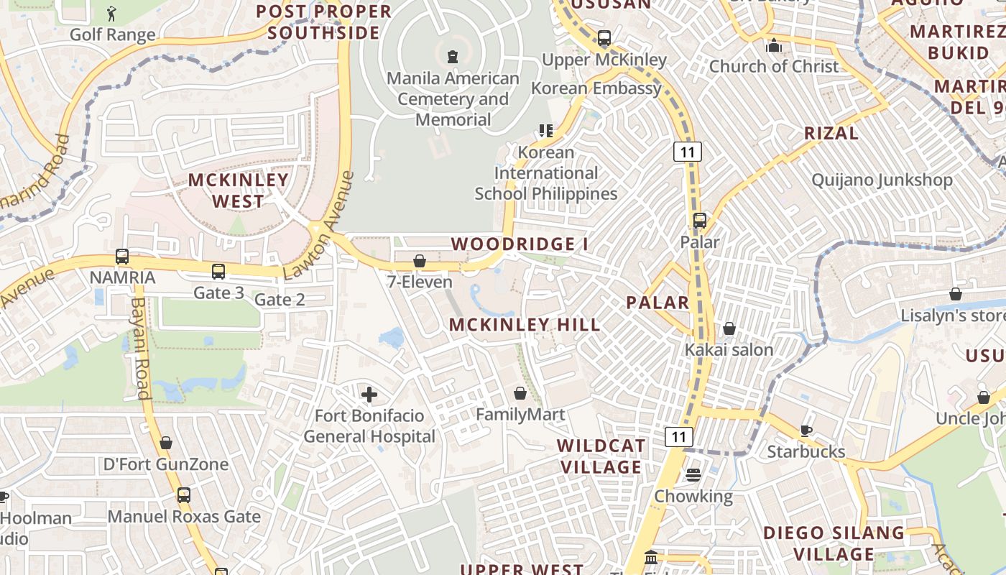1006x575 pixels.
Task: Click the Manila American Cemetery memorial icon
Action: [x=453, y=56]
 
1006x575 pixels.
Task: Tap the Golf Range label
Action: [x=112, y=34]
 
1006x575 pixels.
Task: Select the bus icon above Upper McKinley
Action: [x=604, y=37]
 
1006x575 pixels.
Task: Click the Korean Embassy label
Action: [x=596, y=88]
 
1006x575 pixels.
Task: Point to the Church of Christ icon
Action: [x=774, y=45]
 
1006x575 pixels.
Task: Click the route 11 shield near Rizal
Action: [x=687, y=152]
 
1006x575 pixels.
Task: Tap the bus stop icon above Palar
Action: [x=700, y=221]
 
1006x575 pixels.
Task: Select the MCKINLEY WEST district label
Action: [x=238, y=190]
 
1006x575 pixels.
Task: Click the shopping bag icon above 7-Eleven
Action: [x=420, y=261]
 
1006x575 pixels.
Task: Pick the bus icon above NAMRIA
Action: [x=122, y=257]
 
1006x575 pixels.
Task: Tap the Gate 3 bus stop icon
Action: [x=218, y=272]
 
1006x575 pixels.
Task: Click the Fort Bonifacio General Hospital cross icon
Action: [x=369, y=394]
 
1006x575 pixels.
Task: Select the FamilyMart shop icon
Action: [x=520, y=393]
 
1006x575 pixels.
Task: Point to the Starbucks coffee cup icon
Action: [x=806, y=431]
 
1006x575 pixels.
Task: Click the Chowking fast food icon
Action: [x=693, y=474]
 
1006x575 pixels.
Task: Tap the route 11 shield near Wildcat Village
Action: [x=678, y=436]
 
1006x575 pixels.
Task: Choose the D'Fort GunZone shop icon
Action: [x=166, y=443]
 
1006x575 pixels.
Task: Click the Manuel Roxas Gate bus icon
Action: [x=184, y=494]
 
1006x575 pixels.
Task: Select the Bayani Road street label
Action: [x=139, y=349]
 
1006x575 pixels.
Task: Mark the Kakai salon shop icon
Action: [x=729, y=328]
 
